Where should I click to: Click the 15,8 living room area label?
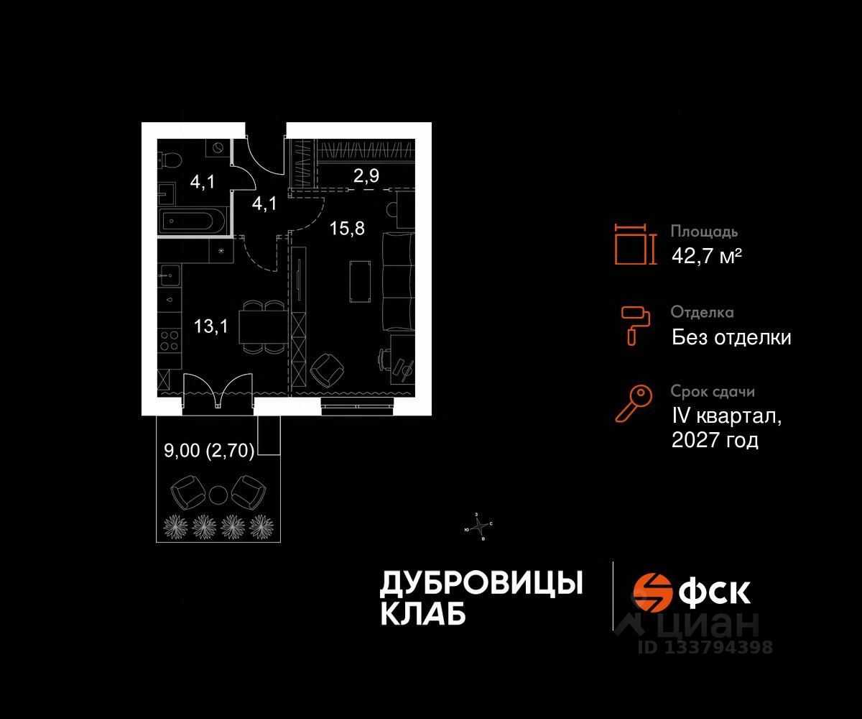(x=348, y=229)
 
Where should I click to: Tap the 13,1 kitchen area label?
(x=210, y=327)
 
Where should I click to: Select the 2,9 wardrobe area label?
(x=366, y=175)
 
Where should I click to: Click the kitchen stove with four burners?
(x=170, y=340)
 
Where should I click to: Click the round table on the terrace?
(x=218, y=495)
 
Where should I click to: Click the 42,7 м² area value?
(x=706, y=255)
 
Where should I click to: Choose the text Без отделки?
(x=731, y=336)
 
